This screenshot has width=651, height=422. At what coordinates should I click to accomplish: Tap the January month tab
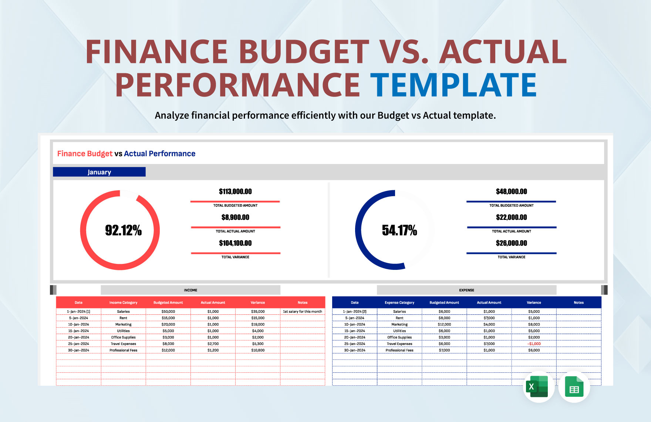pos(99,172)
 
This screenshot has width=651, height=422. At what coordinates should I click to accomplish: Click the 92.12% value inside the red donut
pos(123,230)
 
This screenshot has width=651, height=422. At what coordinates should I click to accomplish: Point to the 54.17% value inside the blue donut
pos(399,230)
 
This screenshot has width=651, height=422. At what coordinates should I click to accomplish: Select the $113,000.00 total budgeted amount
pos(235,191)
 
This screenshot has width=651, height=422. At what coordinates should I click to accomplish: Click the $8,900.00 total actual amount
pos(235,217)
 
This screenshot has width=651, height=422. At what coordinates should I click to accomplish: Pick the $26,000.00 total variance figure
pos(511,243)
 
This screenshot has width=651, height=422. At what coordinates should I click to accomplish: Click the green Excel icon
pos(538,387)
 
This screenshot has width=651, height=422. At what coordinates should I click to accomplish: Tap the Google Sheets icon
pos(574,387)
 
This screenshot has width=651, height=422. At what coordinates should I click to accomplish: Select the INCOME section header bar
pos(190,290)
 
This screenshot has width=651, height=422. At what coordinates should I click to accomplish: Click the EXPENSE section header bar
pos(466,290)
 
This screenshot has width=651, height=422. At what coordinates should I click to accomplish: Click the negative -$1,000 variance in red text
pos(534,344)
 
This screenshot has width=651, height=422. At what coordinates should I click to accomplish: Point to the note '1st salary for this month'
pos(302,312)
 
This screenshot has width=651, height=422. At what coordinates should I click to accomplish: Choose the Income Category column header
pos(123,303)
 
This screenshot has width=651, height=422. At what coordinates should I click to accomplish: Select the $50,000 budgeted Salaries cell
pos(168,312)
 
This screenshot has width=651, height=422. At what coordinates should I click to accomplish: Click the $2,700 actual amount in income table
pos(213,344)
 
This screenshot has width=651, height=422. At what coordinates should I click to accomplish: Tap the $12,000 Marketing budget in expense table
pos(444,324)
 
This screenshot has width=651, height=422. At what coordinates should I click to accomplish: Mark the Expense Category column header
pos(399,303)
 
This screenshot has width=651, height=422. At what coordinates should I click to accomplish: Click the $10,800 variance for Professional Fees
pos(258,350)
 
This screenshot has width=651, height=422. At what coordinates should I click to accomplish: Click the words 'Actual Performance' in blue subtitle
pos(159,154)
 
